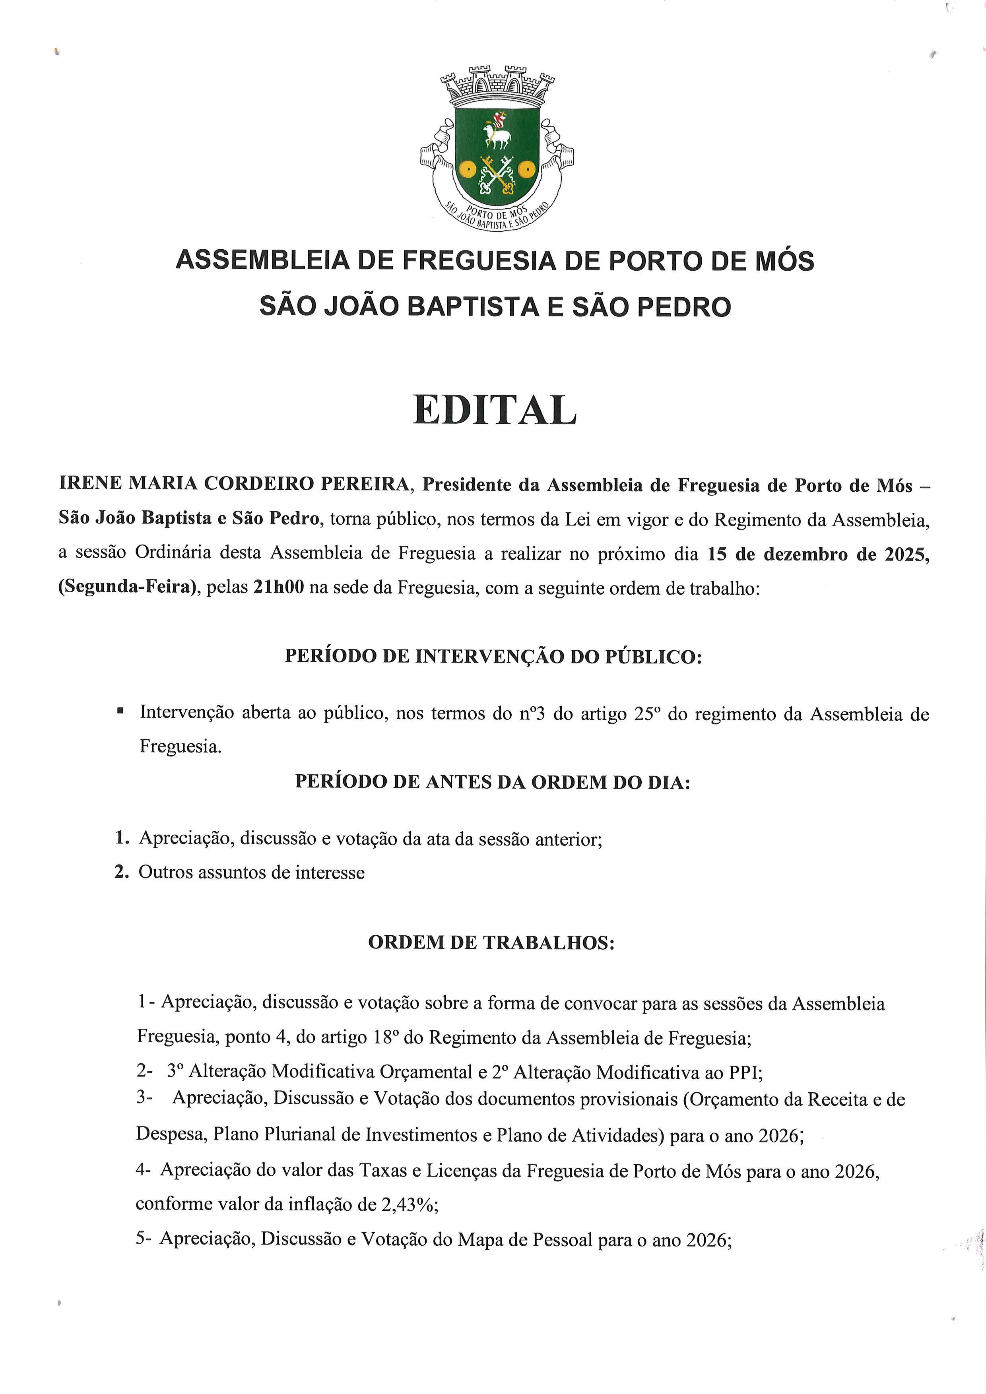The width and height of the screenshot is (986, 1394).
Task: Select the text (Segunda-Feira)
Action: tap(129, 588)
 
